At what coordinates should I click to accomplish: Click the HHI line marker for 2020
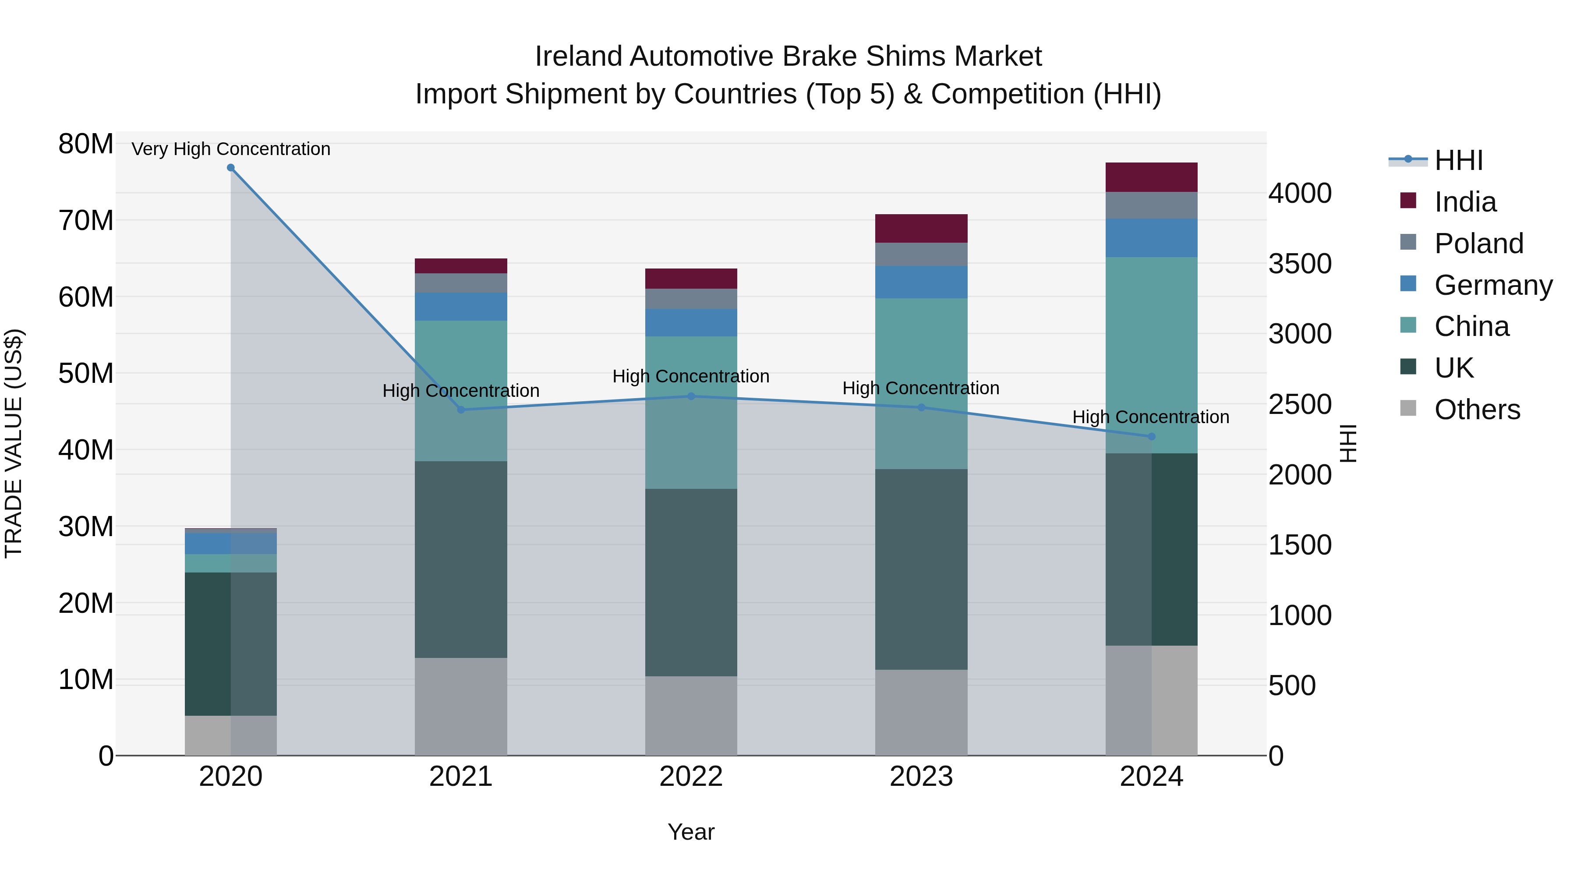231,168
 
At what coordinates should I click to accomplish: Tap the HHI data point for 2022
691,396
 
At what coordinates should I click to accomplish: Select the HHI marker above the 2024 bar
1151,436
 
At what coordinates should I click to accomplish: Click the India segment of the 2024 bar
1151,177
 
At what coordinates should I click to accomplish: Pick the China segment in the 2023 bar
921,384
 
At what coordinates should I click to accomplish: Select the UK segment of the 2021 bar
461,559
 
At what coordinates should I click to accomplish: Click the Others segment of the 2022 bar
691,716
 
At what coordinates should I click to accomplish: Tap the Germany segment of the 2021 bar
461,307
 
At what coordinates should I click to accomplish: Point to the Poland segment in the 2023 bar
921,254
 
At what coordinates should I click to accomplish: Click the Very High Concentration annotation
231,149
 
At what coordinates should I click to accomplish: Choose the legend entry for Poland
1478,244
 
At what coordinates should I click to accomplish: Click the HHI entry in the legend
1458,160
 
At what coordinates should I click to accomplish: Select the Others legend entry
1477,410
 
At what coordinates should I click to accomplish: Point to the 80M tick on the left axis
86,145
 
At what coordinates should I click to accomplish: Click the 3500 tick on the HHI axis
1300,264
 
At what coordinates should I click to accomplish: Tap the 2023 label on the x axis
921,777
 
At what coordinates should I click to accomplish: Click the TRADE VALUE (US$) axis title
14,443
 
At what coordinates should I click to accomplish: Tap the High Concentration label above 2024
1150,417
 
